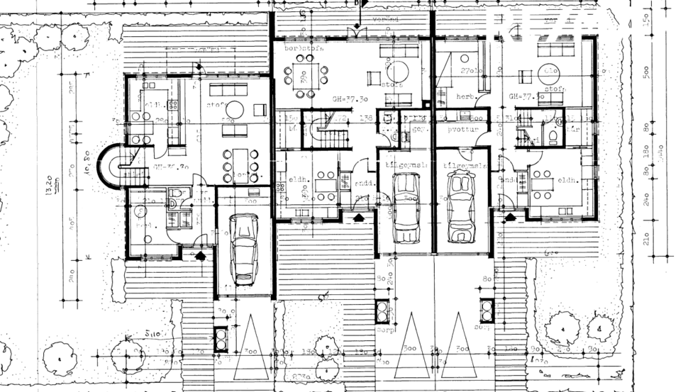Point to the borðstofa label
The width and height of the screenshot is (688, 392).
tap(304, 48)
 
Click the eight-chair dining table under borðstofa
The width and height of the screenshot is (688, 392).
tap(305, 73)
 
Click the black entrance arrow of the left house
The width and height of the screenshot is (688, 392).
tap(201, 254)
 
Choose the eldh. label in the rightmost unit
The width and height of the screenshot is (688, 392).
tap(565, 180)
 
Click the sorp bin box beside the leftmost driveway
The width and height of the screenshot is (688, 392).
tap(221, 338)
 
